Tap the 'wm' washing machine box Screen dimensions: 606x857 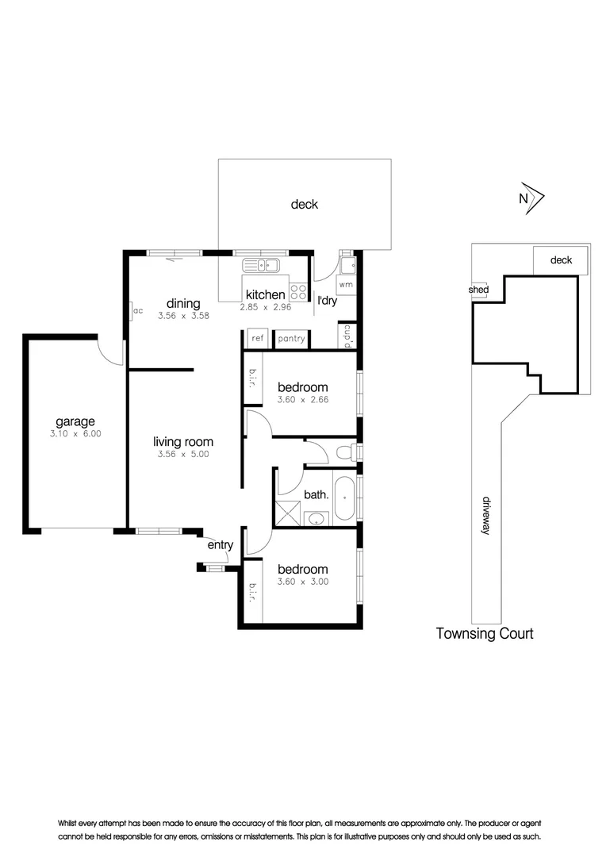click(x=346, y=284)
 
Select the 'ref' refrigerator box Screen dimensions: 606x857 click(x=257, y=339)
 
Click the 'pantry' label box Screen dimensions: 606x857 click(x=291, y=339)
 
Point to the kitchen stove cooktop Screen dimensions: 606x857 click(x=298, y=290)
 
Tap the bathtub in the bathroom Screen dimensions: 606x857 click(x=345, y=498)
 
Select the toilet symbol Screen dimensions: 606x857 click(x=346, y=452)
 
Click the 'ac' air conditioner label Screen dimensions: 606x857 click(x=137, y=310)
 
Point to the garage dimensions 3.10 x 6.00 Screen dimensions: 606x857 click(x=75, y=434)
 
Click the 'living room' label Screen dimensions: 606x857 click(x=183, y=442)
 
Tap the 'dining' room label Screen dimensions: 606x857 click(x=183, y=303)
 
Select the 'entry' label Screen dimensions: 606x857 click(x=221, y=545)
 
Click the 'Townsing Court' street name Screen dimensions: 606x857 click(x=485, y=633)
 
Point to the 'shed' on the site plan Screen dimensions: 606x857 click(x=478, y=290)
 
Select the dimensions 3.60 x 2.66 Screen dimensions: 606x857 click(x=303, y=400)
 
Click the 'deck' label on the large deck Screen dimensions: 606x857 click(x=304, y=204)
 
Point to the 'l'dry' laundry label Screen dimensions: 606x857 click(x=327, y=301)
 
